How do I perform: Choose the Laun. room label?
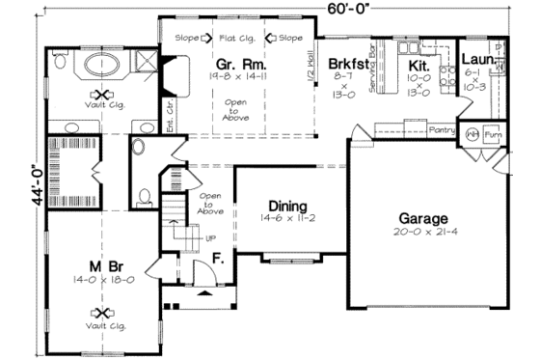(475, 59)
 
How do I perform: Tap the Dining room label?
(287, 207)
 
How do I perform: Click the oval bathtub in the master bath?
(99, 65)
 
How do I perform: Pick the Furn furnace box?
(494, 135)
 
